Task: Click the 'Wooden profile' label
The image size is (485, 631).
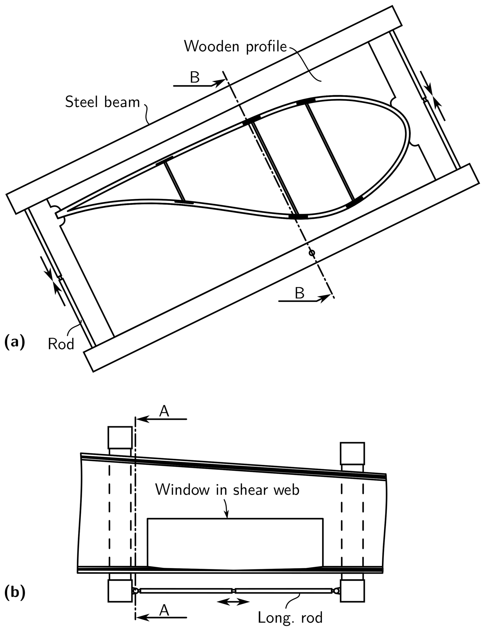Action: [x=235, y=46]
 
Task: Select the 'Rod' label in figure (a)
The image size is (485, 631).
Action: [x=61, y=344]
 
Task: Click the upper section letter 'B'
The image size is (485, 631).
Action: [x=195, y=77]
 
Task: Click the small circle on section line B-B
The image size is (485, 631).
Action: [x=311, y=253]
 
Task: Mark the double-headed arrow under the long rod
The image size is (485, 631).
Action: [x=233, y=602]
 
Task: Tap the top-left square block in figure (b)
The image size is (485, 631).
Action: [x=120, y=438]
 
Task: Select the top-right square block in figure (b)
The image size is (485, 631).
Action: [x=352, y=453]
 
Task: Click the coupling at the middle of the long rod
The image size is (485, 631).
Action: [x=234, y=591]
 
